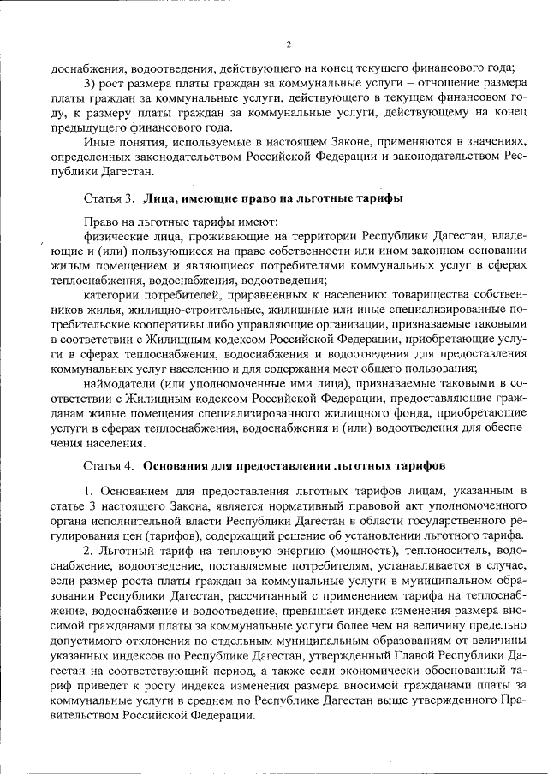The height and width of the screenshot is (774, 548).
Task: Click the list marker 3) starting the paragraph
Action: [91, 82]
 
